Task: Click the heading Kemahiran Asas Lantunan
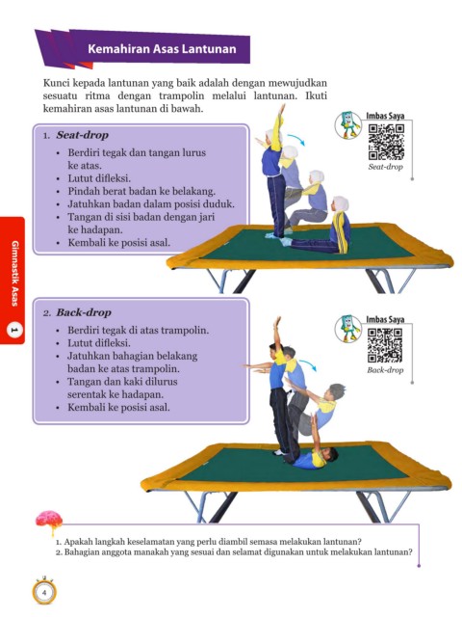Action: coord(162,49)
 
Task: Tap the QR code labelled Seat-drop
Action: coord(386,142)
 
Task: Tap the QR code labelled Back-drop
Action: coord(385,345)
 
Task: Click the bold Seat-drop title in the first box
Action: coord(82,135)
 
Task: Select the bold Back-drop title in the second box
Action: coord(84,312)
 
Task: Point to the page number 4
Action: coord(44,593)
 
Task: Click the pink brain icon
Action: coord(49,521)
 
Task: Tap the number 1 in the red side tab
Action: coord(13,330)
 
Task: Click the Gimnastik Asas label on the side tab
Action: coord(14,274)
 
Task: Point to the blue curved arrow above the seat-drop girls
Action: coord(296,139)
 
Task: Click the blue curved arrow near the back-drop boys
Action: coord(308,364)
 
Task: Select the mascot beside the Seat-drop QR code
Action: coord(348,125)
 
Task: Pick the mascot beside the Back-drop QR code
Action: coord(348,328)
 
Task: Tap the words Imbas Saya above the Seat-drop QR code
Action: coord(385,116)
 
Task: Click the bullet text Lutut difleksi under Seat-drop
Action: coord(99,178)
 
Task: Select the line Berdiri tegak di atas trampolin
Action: coord(138,330)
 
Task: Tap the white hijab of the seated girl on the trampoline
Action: coord(340,204)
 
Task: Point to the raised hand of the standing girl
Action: coord(281,109)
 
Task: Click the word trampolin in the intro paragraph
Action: coord(182,96)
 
